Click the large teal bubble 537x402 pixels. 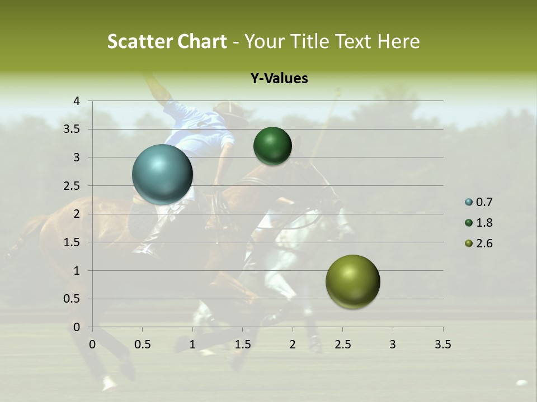click(x=162, y=174)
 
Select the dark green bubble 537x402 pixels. click(x=272, y=146)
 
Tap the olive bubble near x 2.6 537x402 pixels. click(x=352, y=281)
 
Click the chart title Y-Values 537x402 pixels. click(x=279, y=79)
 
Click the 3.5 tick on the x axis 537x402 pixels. click(x=442, y=344)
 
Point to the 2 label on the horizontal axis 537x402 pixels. click(x=293, y=344)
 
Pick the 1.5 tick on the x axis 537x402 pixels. click(x=242, y=344)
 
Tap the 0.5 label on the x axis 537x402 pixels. click(x=142, y=344)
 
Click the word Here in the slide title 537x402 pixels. click(x=399, y=41)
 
